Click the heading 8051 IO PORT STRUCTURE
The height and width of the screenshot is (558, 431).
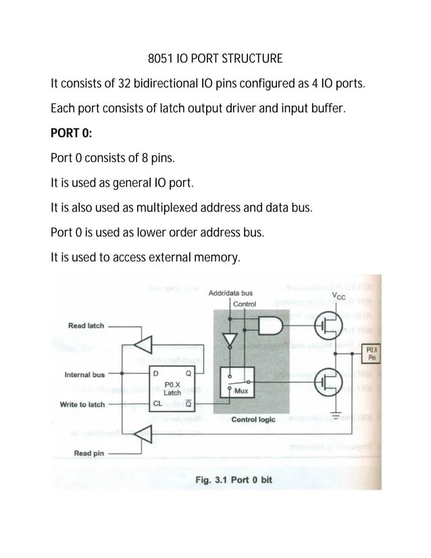(x=215, y=59)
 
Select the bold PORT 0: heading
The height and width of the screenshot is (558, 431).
(x=71, y=133)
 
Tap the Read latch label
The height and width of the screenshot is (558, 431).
(x=86, y=326)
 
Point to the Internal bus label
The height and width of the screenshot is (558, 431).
(x=84, y=374)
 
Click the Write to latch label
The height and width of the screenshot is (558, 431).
(x=82, y=404)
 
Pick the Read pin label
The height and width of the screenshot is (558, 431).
(x=88, y=453)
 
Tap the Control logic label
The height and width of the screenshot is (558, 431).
(x=253, y=420)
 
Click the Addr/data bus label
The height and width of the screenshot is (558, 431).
(x=230, y=293)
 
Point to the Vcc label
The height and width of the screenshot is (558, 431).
(x=338, y=296)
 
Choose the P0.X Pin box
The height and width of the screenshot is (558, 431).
(x=372, y=353)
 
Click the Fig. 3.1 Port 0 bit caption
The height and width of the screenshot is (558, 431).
(x=233, y=480)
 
